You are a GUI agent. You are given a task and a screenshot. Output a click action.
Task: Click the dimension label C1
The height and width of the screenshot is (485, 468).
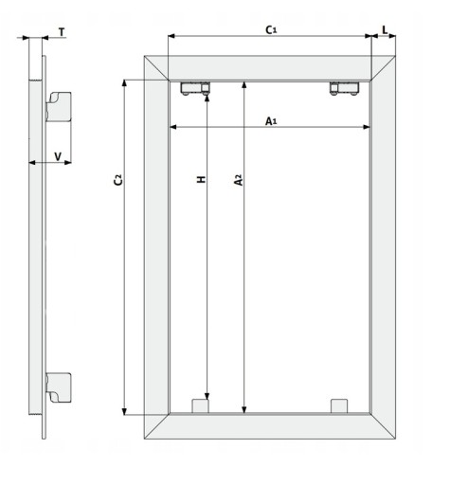click(271, 30)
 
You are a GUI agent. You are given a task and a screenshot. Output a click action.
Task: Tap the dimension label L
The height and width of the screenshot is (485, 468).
click(385, 30)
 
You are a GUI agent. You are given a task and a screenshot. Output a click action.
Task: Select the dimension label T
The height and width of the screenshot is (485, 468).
click(62, 32)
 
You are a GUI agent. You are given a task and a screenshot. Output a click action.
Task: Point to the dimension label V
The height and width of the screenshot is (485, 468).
click(58, 156)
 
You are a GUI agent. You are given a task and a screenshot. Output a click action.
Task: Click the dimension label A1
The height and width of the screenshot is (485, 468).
click(271, 121)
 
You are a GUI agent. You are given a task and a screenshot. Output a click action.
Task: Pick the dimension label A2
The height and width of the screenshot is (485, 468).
click(239, 180)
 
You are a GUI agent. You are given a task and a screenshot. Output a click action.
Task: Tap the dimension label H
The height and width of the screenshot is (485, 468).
click(202, 179)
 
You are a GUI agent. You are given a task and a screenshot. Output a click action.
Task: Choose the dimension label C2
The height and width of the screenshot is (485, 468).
click(117, 179)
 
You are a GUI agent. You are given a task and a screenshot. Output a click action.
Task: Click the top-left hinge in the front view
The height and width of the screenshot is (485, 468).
click(195, 88)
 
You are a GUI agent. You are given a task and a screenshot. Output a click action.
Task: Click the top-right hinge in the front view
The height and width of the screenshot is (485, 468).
click(344, 88)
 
